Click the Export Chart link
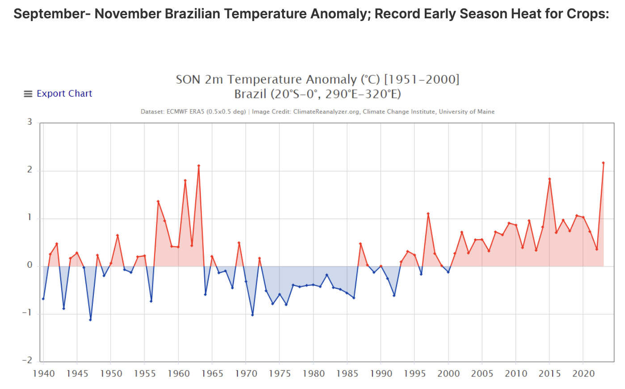pos(64,94)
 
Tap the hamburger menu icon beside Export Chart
pos(28,94)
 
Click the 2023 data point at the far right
pos(603,163)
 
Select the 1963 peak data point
pos(198,166)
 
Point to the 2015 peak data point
pos(549,179)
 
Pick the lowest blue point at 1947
pos(90,320)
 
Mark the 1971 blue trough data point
pos(253,315)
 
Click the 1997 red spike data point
pos(428,214)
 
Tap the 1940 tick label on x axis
pos(44,374)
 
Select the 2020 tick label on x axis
pos(583,374)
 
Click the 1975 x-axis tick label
pos(279,374)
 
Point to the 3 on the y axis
pos(30,122)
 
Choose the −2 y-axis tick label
pos(28,360)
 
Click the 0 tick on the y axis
pos(30,265)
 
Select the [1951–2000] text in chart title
pos(422,80)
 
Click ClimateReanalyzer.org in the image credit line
pos(326,112)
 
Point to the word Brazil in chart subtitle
pos(250,94)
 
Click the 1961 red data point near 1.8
pos(185,181)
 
